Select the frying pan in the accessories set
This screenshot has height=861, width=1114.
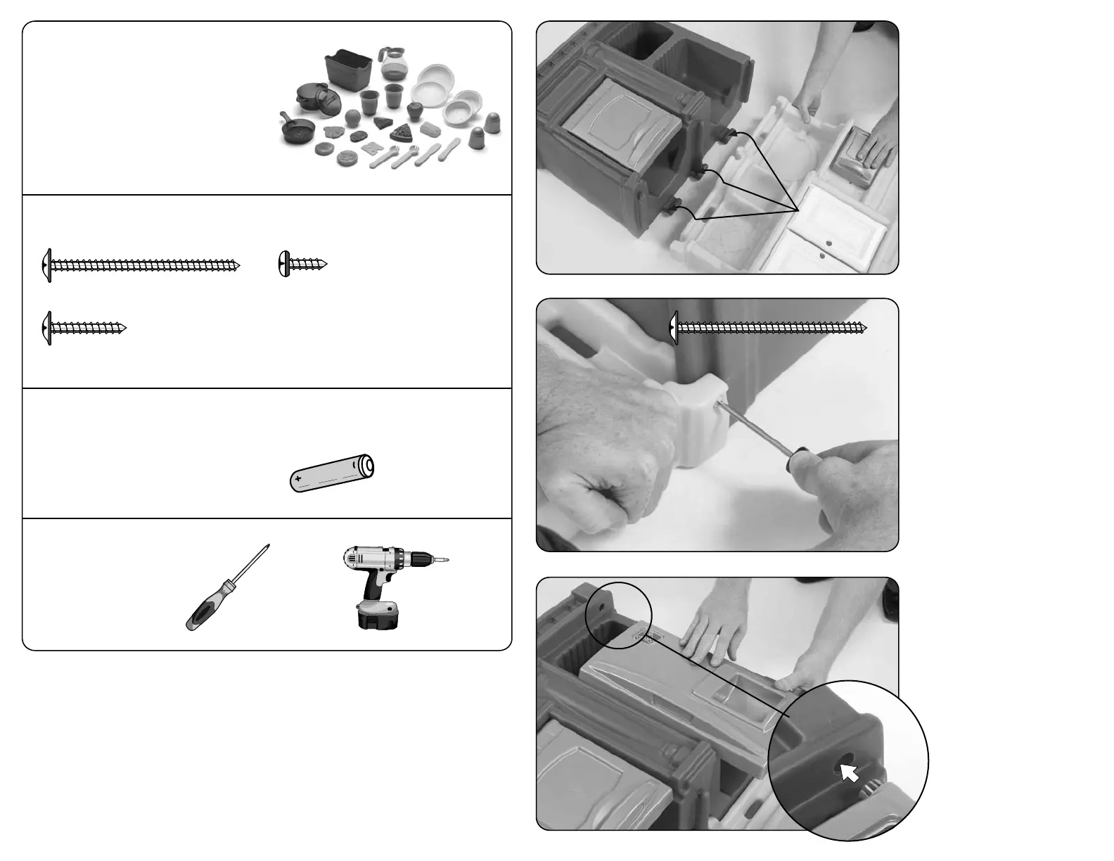(x=297, y=129)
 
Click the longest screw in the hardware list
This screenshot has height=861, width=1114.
(x=141, y=265)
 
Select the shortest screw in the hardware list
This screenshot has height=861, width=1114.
(x=302, y=264)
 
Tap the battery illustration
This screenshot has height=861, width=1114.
(x=332, y=473)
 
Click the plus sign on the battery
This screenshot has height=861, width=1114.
(x=299, y=478)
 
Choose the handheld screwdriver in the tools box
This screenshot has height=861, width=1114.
(x=226, y=589)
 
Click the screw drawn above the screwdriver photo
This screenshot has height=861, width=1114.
(x=768, y=328)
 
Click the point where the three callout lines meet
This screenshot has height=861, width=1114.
(x=798, y=210)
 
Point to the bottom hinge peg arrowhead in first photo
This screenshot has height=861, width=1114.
(x=677, y=205)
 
